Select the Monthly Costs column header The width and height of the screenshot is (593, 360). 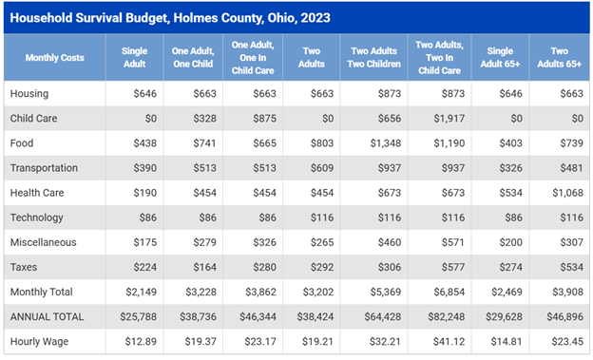coord(55,58)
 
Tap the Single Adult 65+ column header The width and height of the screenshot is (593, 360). coord(500,58)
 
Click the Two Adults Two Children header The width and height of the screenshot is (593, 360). coord(374,58)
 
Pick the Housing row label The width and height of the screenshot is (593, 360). coord(29,93)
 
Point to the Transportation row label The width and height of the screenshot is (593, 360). coord(44,168)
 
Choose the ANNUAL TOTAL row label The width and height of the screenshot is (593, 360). coord(47,316)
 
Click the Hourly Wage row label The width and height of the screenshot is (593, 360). coord(39,341)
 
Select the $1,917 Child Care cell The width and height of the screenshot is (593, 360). coord(449,119)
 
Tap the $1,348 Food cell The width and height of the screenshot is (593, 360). coord(386,143)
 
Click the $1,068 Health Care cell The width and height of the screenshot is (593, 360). coord(567,193)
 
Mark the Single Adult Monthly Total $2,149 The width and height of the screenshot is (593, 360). coord(141,292)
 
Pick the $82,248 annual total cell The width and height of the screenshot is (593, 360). coord(447,316)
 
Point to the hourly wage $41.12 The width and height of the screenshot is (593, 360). coord(449,341)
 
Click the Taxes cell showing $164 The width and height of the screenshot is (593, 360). coord(205,267)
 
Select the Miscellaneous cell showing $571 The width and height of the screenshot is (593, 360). coord(452,242)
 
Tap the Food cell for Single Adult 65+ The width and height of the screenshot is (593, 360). coord(510,143)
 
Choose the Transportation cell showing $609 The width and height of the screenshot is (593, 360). coord(322,168)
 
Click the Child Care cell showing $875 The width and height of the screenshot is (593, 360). coord(265,119)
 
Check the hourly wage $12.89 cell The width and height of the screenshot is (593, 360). coord(141,341)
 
